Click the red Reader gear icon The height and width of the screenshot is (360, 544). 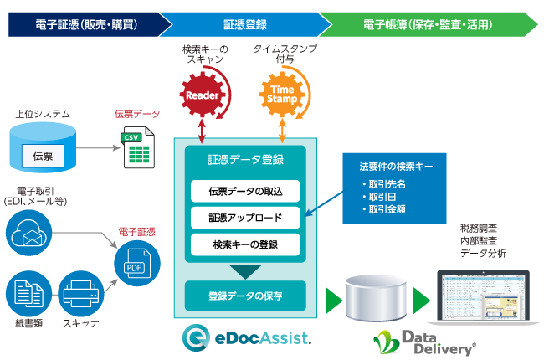click(202, 95)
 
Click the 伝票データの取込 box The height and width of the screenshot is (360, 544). click(244, 191)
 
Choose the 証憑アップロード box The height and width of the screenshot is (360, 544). click(244, 218)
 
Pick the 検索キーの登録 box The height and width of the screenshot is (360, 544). click(244, 244)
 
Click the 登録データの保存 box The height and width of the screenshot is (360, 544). click(244, 295)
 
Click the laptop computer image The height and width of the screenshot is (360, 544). click(483, 298)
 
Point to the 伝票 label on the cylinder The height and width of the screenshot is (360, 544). click(44, 155)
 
